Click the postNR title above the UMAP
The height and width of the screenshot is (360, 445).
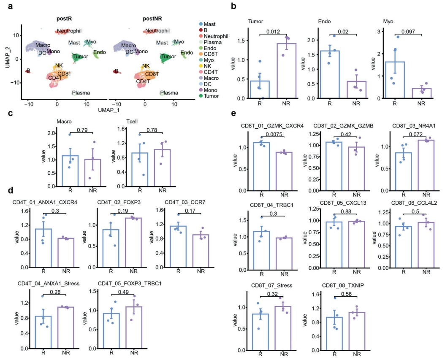pos(152,19)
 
